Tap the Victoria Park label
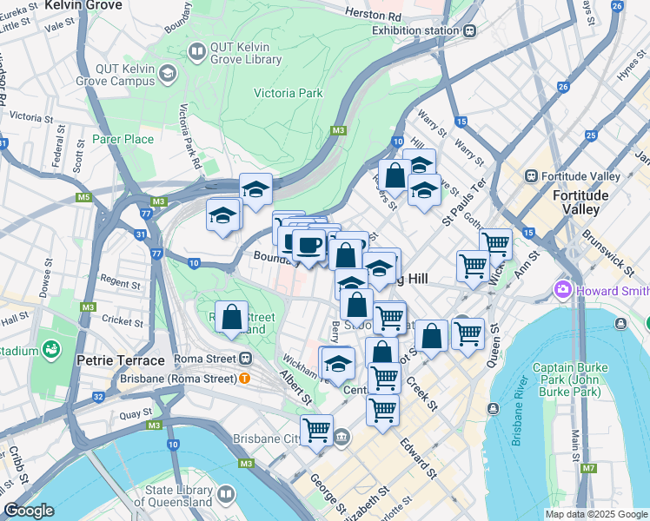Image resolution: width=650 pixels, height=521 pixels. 288,93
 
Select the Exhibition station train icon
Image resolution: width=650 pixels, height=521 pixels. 469,30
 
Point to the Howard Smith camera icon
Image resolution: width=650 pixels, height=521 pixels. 562,288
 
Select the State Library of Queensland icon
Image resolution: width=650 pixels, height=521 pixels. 227,494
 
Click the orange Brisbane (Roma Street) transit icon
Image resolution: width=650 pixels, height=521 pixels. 245,378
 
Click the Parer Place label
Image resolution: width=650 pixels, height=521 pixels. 123,139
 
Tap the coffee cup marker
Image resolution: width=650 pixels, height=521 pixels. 308,247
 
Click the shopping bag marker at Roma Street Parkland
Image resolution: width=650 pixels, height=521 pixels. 232,318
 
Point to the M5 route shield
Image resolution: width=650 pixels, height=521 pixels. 83,197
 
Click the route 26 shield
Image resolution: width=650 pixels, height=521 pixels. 563,88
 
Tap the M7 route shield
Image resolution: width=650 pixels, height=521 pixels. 589,469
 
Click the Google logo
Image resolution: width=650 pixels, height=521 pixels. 29,511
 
